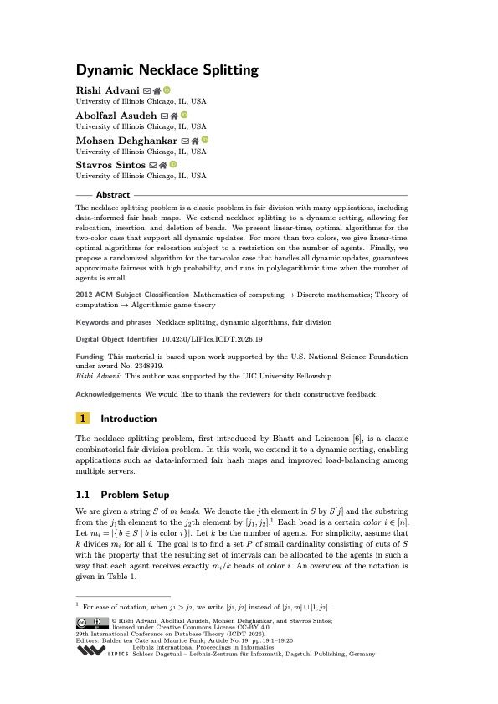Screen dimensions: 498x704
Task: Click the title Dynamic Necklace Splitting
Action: click(x=167, y=70)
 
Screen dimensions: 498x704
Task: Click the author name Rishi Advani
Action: click(x=104, y=90)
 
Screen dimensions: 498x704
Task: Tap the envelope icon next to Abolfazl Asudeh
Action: click(x=164, y=115)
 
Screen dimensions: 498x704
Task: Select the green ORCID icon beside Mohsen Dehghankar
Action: click(x=203, y=140)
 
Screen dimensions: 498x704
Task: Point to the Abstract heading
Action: click(x=113, y=194)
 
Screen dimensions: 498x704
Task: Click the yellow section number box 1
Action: click(x=83, y=419)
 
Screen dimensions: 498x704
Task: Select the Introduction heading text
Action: click(x=128, y=419)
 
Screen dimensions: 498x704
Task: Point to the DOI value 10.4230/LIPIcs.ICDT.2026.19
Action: click(x=214, y=339)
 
